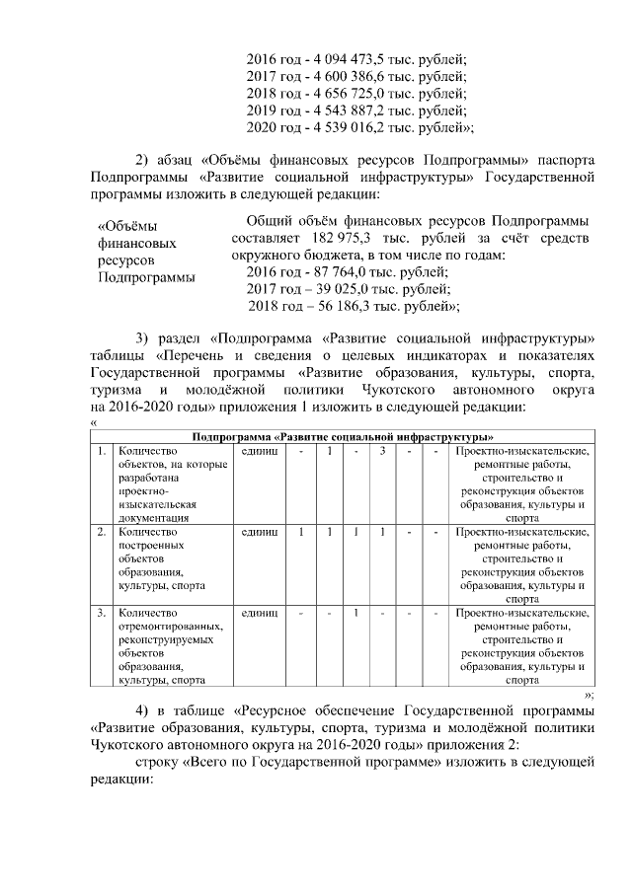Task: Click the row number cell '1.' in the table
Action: (102, 451)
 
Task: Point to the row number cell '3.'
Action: (102, 613)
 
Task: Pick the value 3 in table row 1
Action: (381, 451)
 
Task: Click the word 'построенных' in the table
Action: (149, 545)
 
